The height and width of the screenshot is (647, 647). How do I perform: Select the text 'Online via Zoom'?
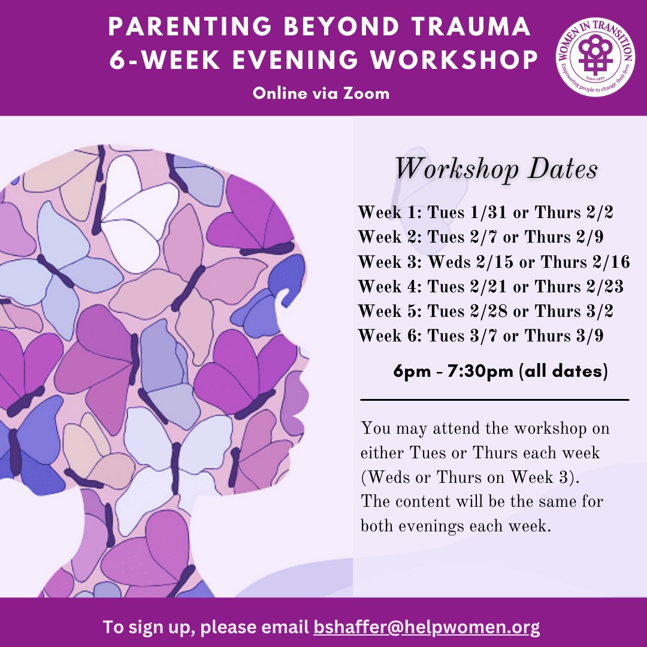[321, 93]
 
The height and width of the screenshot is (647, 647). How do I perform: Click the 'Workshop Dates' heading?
[496, 170]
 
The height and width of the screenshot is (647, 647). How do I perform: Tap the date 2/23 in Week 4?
[605, 287]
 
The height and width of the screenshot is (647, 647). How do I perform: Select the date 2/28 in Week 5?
[483, 312]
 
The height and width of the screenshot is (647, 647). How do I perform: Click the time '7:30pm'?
[483, 371]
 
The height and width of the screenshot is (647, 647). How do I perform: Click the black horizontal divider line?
[495, 399]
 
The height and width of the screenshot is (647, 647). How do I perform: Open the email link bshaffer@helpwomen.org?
[427, 627]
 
